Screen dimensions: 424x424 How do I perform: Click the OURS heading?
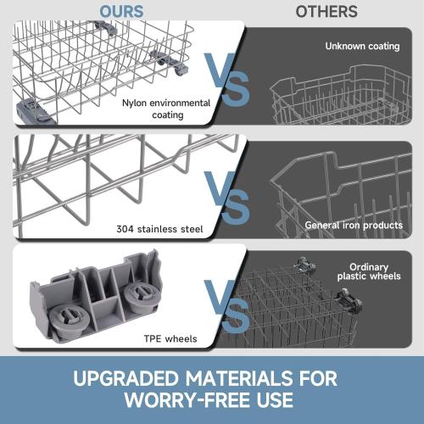tap(121, 12)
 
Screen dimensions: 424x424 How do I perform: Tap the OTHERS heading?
tap(326, 12)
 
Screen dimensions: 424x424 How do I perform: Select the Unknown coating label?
tap(361, 46)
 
